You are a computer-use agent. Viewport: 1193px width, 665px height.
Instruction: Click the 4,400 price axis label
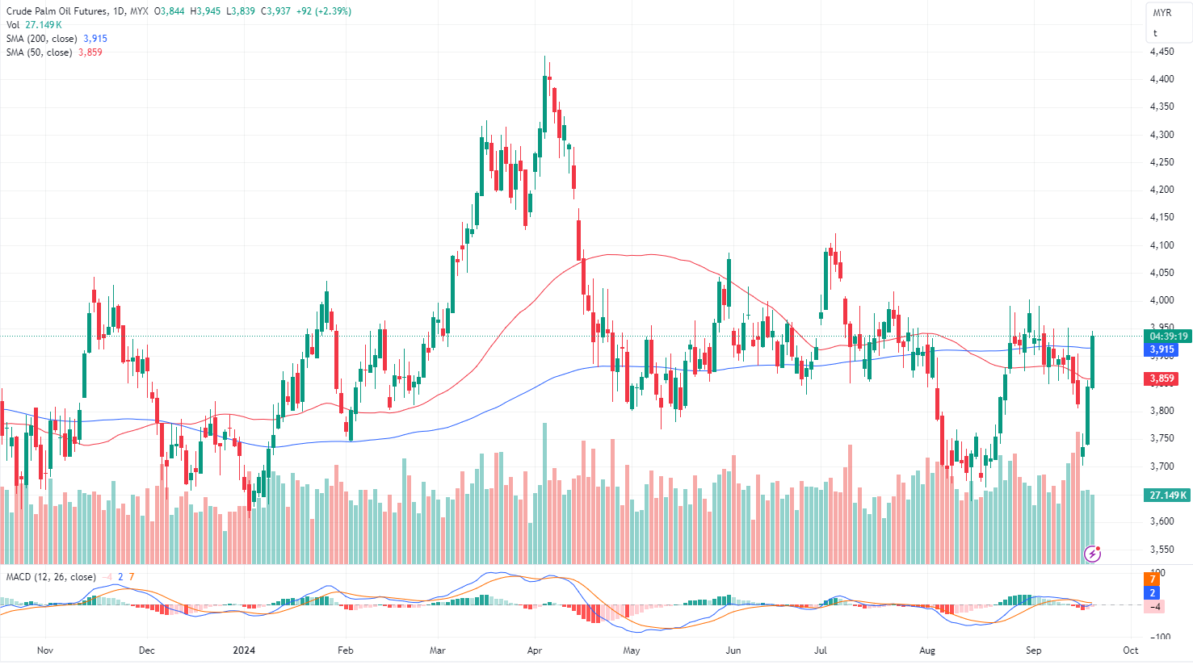click(1161, 79)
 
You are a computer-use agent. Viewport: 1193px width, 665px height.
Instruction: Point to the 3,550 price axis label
click(1161, 550)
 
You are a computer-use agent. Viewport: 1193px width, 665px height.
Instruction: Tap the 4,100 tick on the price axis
click(1161, 245)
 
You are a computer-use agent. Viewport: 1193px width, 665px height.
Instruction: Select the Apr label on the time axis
click(534, 650)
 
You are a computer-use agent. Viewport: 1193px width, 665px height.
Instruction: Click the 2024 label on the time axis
click(243, 650)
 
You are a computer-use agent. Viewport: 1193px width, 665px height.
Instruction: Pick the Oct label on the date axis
click(1130, 650)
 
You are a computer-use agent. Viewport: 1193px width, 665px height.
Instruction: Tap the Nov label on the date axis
click(45, 650)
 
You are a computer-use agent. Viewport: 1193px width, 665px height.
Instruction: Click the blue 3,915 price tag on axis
click(1161, 349)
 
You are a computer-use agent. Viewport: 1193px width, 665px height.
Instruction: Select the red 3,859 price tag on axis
click(1161, 379)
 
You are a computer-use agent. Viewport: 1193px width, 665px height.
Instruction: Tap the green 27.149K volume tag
click(1167, 495)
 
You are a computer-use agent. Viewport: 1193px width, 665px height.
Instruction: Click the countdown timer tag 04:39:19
click(1168, 337)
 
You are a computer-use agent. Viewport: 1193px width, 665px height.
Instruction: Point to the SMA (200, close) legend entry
click(42, 39)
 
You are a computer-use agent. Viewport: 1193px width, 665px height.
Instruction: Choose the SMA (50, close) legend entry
click(40, 52)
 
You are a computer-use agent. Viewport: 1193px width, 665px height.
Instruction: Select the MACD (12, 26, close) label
click(51, 577)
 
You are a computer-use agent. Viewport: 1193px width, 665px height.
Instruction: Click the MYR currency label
click(1161, 13)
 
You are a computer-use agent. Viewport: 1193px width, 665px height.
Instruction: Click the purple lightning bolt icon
click(1093, 554)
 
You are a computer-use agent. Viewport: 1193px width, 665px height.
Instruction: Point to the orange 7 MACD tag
click(1153, 579)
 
